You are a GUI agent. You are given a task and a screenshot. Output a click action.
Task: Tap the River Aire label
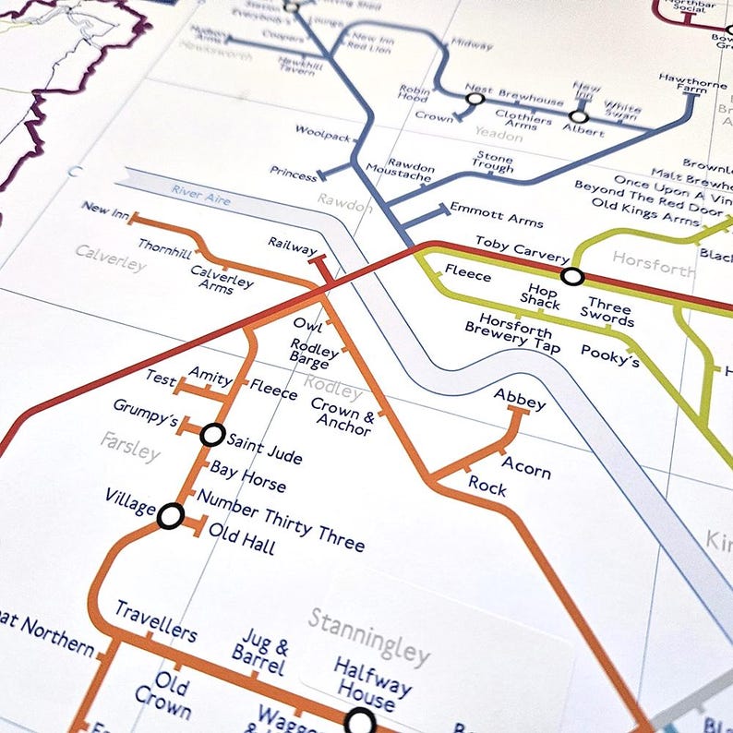[200, 195]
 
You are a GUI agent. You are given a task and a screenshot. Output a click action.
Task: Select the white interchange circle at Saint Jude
[213, 434]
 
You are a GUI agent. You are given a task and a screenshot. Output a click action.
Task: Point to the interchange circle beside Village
[170, 516]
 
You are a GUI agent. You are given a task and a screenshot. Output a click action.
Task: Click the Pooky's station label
[610, 355]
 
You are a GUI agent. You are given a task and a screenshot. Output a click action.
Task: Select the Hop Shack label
[540, 296]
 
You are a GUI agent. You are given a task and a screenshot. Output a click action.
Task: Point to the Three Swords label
[609, 314]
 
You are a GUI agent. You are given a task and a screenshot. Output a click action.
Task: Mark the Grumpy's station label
[145, 413]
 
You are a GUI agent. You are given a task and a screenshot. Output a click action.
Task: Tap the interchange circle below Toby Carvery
[572, 276]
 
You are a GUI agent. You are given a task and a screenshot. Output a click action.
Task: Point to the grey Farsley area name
[130, 446]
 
